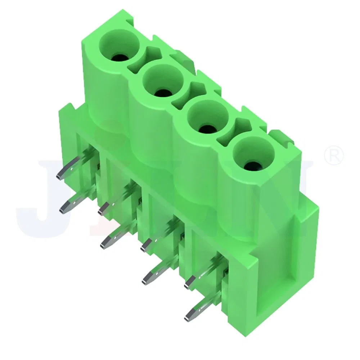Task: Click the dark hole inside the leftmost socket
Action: coord(119,57)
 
